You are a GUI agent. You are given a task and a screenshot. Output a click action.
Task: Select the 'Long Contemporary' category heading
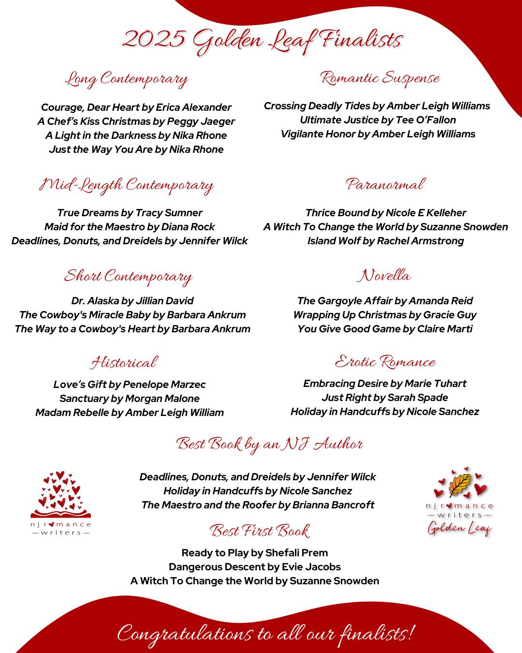tap(127, 79)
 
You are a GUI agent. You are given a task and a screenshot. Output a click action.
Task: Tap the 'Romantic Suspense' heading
tap(380, 78)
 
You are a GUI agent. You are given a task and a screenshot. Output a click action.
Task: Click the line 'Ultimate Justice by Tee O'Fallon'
tap(377, 120)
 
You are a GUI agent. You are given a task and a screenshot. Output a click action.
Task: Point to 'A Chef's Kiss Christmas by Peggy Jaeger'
tap(136, 121)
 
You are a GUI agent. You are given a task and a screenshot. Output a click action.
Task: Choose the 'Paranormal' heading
tap(385, 184)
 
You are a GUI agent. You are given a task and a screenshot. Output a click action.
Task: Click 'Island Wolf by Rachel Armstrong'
tap(385, 241)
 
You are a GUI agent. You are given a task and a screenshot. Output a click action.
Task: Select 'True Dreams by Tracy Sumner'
tap(130, 213)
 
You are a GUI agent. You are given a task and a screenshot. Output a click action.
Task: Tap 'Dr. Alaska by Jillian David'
tap(132, 301)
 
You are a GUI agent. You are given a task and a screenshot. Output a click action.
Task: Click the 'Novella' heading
tap(384, 276)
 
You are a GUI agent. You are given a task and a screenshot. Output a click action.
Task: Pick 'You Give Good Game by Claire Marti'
tap(385, 329)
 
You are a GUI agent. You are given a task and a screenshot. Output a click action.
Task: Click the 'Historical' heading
tap(124, 363)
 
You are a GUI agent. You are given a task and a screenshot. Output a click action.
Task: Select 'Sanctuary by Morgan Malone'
tap(129, 399)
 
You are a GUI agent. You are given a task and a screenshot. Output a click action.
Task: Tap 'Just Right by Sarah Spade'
tap(385, 398)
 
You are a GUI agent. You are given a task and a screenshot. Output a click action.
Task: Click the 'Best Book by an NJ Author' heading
tap(269, 444)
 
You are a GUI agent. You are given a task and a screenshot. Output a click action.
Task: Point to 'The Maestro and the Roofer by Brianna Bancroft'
tap(258, 505)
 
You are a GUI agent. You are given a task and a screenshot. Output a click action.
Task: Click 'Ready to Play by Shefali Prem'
tap(255, 553)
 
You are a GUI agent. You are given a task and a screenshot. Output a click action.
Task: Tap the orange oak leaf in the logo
tap(459, 485)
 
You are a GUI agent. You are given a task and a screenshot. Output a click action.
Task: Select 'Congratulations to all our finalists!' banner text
tap(265, 634)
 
